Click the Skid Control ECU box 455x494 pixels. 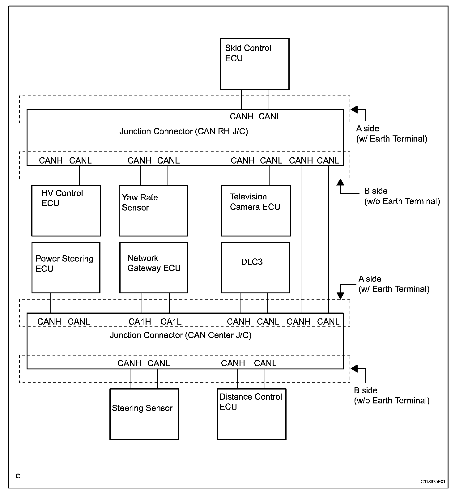point(254,64)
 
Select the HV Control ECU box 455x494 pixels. point(66,211)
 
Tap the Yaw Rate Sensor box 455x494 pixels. point(153,211)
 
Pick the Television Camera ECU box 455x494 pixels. point(256,211)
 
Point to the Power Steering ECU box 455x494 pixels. point(66,267)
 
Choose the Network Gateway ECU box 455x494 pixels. point(154,267)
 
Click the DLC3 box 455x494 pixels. point(256,267)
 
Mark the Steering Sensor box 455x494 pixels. point(144,414)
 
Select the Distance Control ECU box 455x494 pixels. point(252,414)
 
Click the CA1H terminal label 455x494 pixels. point(140,322)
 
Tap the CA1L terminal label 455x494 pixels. point(171,322)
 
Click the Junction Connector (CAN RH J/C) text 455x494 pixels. point(184,131)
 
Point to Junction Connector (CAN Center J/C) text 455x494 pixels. point(181,335)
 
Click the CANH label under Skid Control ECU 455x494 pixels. point(241,117)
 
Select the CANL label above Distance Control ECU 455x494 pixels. point(265,363)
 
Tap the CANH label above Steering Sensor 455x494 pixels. point(129,363)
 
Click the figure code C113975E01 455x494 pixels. point(433,482)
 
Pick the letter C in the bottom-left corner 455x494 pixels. point(18,476)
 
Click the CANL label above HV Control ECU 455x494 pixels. point(80,161)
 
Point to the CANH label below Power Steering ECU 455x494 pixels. point(49,322)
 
